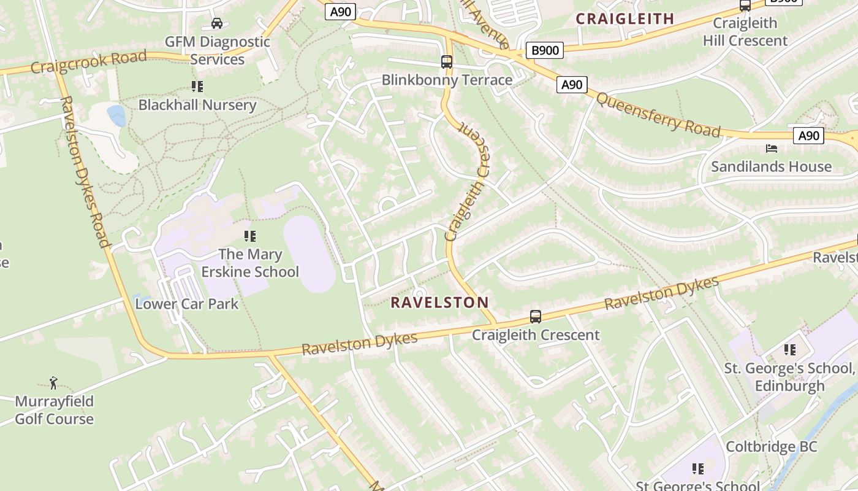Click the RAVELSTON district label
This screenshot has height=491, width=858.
439,302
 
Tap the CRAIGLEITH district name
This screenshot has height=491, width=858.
625,18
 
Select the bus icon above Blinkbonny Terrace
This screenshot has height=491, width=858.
447,62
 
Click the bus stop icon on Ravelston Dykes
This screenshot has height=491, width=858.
536,317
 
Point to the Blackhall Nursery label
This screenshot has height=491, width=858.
197,105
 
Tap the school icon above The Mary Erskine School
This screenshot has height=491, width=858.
249,236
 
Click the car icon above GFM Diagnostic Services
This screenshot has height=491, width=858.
217,23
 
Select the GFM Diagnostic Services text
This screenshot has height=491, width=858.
218,50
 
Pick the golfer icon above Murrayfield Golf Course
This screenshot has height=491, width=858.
54,384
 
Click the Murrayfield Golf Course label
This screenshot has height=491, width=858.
55,410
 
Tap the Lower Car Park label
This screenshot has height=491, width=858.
187,304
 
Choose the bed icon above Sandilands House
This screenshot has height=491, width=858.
771,149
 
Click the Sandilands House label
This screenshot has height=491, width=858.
771,166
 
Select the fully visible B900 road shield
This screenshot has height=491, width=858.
544,50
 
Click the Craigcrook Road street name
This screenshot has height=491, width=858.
89,62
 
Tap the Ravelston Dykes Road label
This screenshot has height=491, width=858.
85,171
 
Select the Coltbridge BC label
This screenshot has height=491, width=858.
771,447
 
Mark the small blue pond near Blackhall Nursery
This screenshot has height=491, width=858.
116,115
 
